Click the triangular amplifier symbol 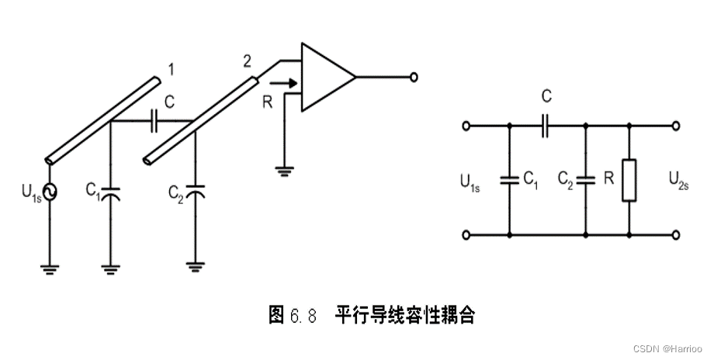pos(326,77)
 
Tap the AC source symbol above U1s pos(50,192)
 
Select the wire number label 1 pos(171,70)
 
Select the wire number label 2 pos(247,61)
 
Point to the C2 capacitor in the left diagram pos(196,192)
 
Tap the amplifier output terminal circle pos(414,77)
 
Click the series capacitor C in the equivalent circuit pos(547,125)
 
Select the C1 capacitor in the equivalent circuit pos(509,179)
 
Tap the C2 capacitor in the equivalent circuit pos(585,179)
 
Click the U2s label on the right pos(679,182)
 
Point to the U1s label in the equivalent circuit pos(470,183)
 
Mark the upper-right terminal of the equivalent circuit pos(677,125)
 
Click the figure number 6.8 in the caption pos(303,315)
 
